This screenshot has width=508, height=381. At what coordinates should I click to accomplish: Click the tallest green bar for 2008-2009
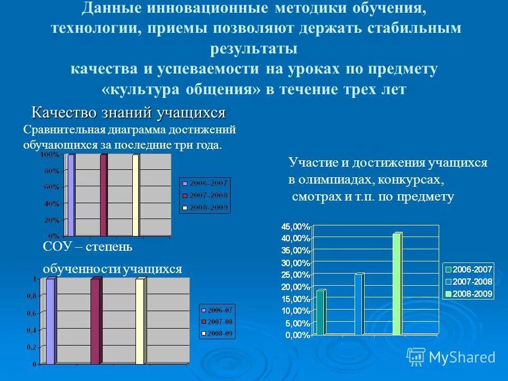(397, 285)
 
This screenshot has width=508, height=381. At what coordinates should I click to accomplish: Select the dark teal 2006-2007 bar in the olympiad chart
(320, 312)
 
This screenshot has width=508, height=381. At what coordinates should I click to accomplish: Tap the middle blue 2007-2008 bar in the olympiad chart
(359, 304)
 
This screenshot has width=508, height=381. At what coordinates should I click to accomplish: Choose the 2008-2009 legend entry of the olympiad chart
(471, 294)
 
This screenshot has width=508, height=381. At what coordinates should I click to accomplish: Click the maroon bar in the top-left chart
(104, 195)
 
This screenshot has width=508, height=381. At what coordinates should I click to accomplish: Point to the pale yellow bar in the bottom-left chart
(140, 321)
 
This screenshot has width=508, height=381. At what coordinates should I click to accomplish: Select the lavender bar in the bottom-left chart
(50, 321)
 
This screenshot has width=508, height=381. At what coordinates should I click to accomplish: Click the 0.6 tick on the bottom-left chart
(33, 313)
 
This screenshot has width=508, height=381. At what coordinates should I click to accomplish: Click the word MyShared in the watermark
(462, 357)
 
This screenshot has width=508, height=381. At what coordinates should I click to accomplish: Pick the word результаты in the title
(253, 48)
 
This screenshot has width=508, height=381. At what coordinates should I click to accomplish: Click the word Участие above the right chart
(310, 163)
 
